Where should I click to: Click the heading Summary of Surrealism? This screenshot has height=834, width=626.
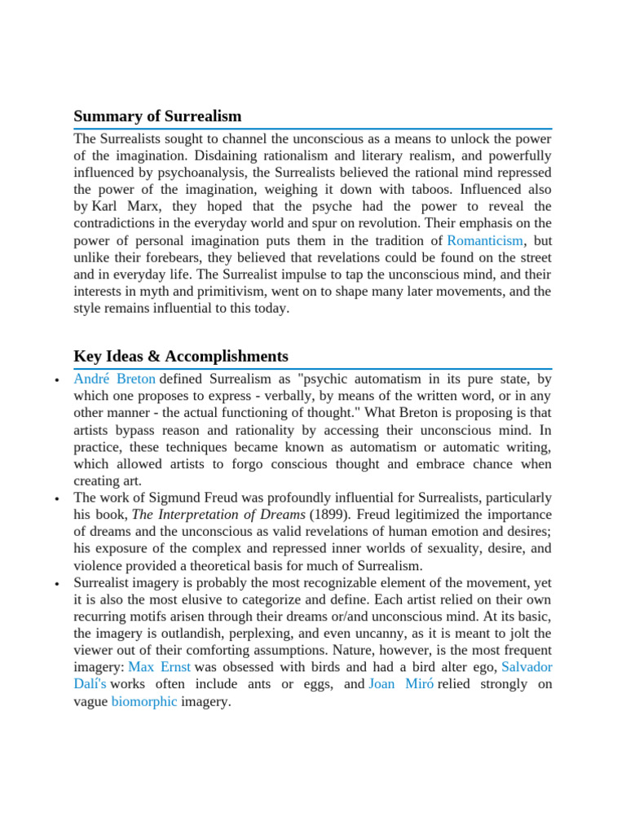click(157, 116)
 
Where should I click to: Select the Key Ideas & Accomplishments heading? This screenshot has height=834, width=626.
click(181, 356)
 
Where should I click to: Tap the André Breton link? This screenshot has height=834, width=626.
click(114, 379)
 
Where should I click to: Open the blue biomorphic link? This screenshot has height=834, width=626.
click(144, 700)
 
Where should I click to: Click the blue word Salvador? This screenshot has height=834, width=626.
click(527, 666)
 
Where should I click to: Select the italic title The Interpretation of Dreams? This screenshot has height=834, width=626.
click(218, 514)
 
